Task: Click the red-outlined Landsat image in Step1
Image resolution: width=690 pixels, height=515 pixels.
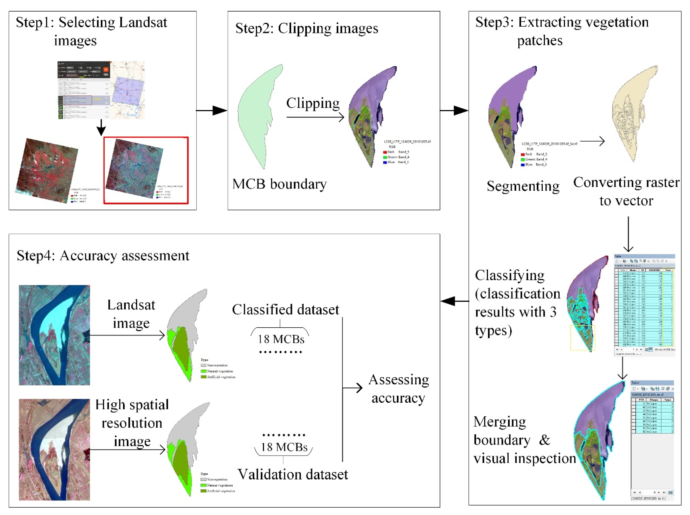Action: (x=146, y=170)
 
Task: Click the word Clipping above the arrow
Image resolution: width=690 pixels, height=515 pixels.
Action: (x=313, y=103)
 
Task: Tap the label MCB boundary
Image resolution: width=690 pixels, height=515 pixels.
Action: (x=279, y=184)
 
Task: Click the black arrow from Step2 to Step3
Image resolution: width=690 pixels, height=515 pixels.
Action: (x=454, y=110)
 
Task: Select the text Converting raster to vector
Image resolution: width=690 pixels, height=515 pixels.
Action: (x=626, y=191)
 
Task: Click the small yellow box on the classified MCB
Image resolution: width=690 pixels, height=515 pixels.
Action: (x=582, y=338)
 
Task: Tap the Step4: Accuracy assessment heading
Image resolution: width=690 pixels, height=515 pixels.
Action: (x=103, y=256)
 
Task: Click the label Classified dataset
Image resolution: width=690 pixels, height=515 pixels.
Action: (x=285, y=310)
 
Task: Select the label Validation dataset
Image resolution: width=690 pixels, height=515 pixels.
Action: (x=293, y=474)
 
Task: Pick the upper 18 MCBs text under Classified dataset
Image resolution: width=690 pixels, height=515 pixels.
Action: (x=281, y=339)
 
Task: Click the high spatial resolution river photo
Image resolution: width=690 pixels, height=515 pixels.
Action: (x=54, y=450)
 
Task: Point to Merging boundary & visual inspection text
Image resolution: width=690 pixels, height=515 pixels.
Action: (x=524, y=440)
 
